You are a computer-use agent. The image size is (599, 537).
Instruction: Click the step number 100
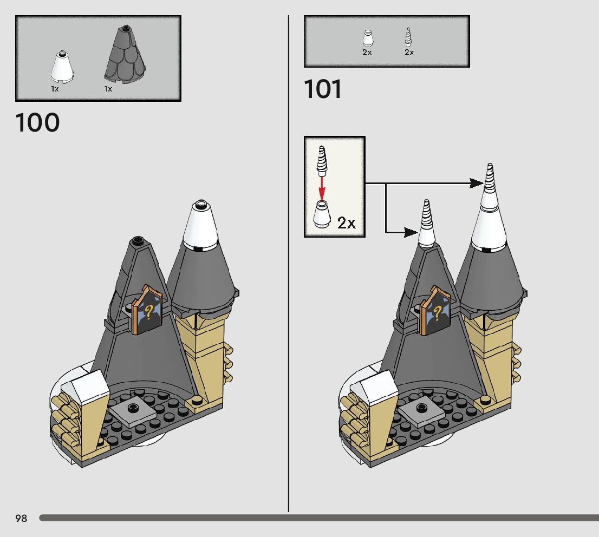click(x=37, y=123)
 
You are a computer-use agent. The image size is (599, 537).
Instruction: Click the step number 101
click(x=323, y=89)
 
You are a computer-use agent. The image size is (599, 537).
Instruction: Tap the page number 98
click(x=21, y=519)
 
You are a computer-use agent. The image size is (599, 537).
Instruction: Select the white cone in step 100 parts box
click(x=62, y=67)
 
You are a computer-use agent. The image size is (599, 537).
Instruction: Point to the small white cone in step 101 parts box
click(x=367, y=38)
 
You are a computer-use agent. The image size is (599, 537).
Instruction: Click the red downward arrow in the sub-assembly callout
click(x=322, y=187)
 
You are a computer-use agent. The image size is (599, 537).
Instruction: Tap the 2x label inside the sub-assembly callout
click(x=347, y=222)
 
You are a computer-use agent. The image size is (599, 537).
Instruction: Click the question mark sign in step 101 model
click(x=437, y=312)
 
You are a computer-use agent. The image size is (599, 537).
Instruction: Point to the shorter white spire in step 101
click(x=426, y=222)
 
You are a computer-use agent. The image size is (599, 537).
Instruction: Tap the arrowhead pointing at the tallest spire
click(x=477, y=184)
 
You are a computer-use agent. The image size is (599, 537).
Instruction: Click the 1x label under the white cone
click(x=55, y=89)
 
